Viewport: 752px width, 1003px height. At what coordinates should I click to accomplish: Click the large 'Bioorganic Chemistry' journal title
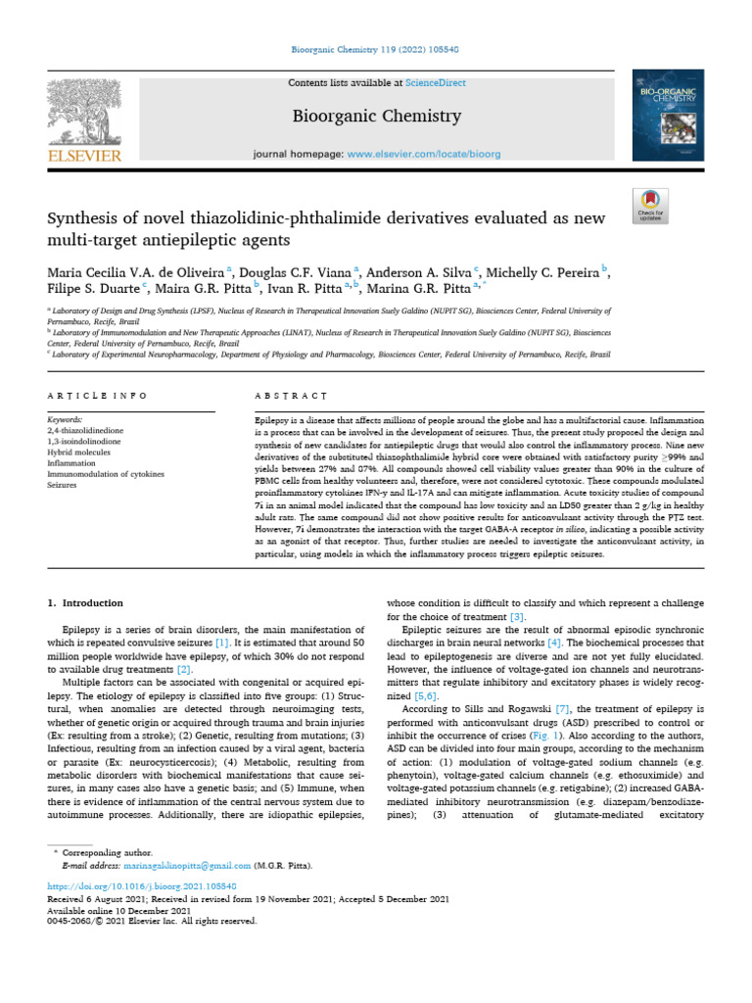pos(377,118)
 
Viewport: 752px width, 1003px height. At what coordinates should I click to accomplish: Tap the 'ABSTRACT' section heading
pos(291,396)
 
